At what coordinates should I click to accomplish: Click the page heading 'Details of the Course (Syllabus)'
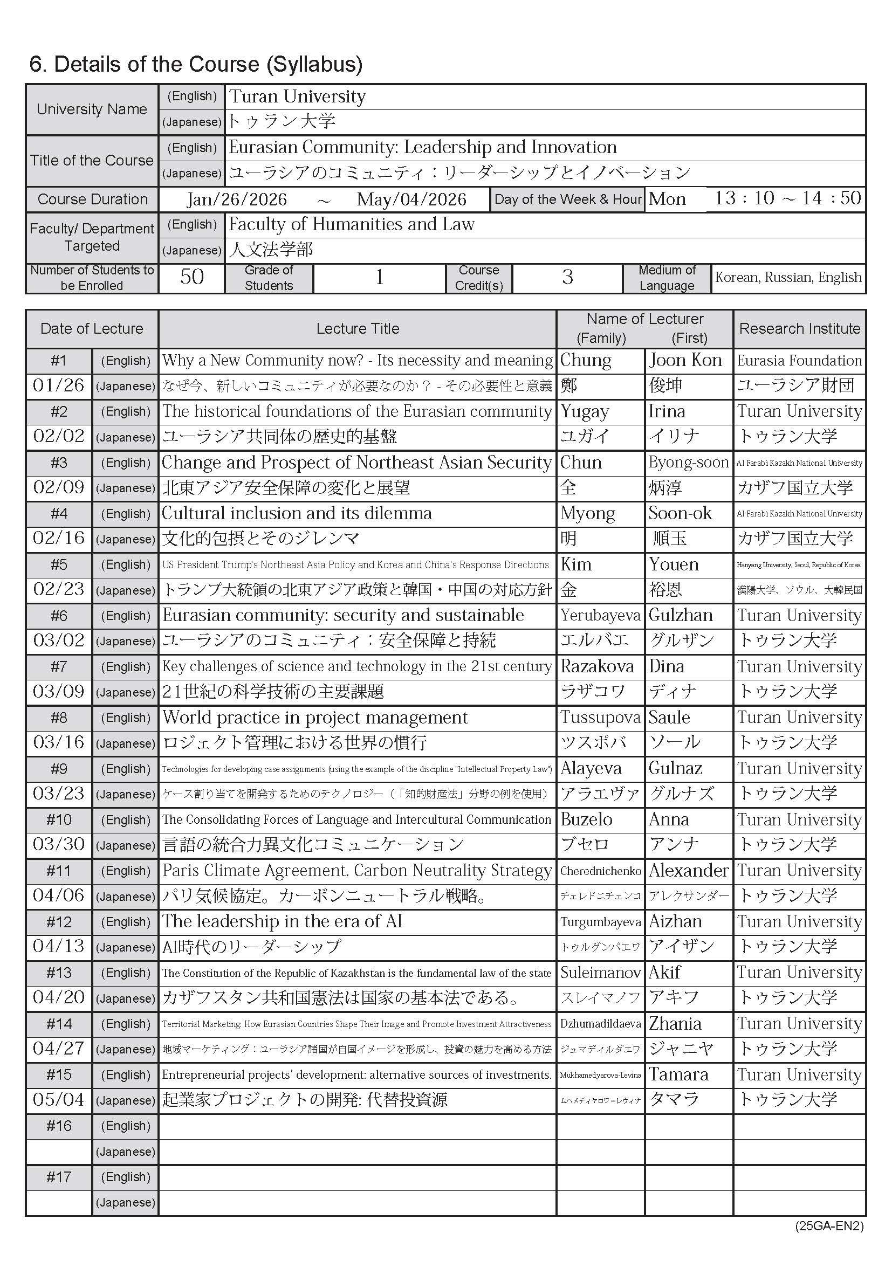[x=196, y=64]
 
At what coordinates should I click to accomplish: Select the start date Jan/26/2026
[x=237, y=199]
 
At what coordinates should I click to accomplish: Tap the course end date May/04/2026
[x=411, y=199]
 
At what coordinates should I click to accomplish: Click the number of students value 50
[x=191, y=277]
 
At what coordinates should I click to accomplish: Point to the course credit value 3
[x=567, y=277]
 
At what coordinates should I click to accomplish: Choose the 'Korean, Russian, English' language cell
[x=788, y=277]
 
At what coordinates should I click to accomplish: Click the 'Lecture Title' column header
[x=358, y=328]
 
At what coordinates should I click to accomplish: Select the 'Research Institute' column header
[x=800, y=328]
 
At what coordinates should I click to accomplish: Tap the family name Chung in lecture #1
[x=586, y=360]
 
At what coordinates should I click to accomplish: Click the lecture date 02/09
[x=59, y=487]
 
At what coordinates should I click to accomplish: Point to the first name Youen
[x=674, y=564]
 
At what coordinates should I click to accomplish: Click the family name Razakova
[x=597, y=666]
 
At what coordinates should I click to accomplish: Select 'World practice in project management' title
[x=315, y=717]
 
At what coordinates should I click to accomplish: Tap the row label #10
[x=59, y=819]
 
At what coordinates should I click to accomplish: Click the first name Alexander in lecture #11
[x=689, y=871]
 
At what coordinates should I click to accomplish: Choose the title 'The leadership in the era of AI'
[x=282, y=921]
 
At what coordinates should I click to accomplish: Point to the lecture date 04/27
[x=59, y=1049]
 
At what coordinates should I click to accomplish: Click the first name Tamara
[x=678, y=1075]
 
